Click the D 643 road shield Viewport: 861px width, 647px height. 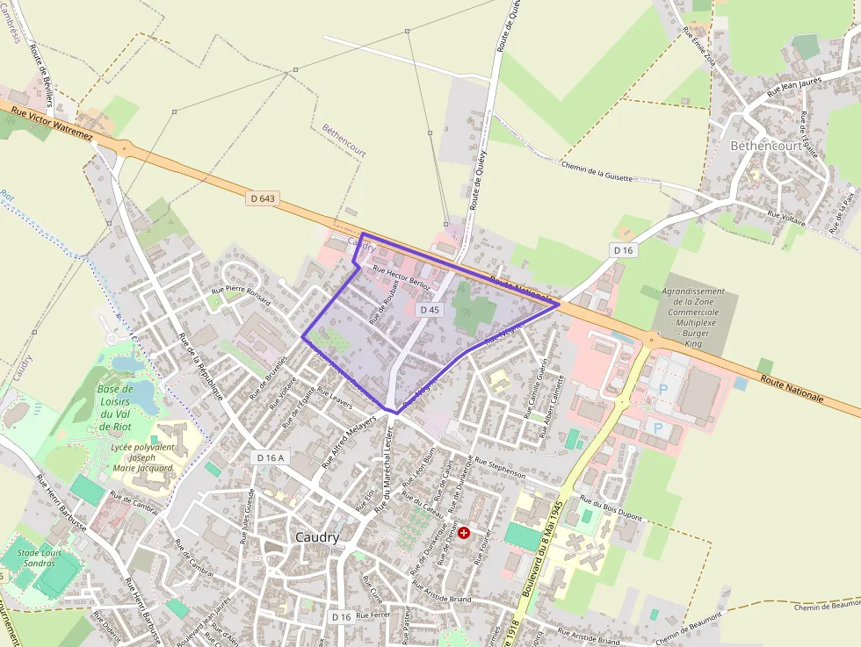tap(262, 199)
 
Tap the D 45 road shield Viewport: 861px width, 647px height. tap(429, 310)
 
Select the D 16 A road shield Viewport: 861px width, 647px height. tap(270, 457)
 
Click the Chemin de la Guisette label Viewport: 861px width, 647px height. tap(596, 171)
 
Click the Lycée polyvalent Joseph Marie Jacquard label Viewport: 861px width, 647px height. tap(142, 457)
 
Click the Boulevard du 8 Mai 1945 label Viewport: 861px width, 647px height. tap(544, 550)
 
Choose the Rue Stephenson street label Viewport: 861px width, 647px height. tap(499, 467)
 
